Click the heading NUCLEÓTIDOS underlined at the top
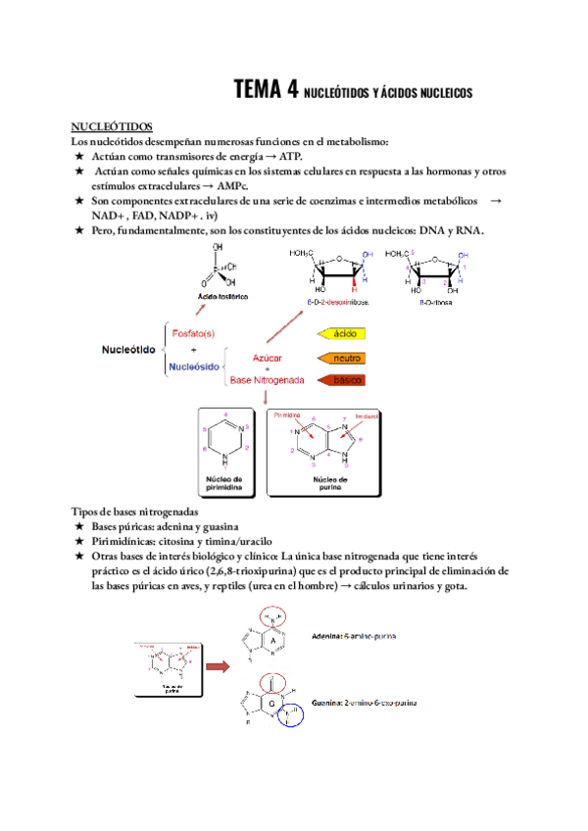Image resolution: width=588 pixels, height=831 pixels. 112,126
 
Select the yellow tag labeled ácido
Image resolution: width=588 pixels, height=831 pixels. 343,333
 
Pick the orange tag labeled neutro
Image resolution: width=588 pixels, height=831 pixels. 343,357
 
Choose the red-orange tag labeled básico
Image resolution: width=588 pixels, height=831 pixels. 343,379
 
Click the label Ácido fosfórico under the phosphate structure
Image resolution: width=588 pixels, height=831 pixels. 220,295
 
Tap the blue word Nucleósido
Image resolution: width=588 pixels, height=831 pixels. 197,367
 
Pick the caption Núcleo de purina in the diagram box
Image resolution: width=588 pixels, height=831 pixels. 331,483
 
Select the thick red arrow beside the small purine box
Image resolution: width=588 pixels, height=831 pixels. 219,667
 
